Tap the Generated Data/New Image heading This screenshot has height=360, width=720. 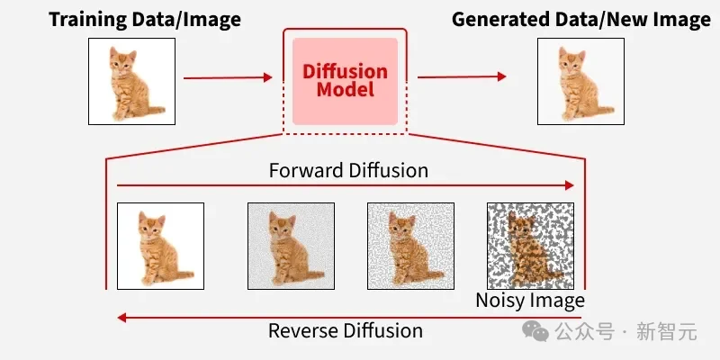pyautogui.click(x=580, y=19)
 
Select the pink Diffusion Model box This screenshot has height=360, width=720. pyautogui.click(x=345, y=81)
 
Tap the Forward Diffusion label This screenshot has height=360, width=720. pyautogui.click(x=348, y=169)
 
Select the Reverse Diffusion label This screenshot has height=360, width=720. pyautogui.click(x=346, y=330)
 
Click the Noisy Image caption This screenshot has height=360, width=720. pyautogui.click(x=530, y=301)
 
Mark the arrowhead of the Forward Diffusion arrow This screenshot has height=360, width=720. pyautogui.click(x=568, y=185)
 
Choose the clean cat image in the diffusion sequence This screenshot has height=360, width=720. pyautogui.click(x=160, y=246)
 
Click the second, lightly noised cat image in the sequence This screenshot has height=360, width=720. pyautogui.click(x=291, y=246)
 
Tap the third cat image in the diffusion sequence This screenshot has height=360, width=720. pyautogui.click(x=410, y=246)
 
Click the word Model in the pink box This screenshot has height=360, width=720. pyautogui.click(x=345, y=90)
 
